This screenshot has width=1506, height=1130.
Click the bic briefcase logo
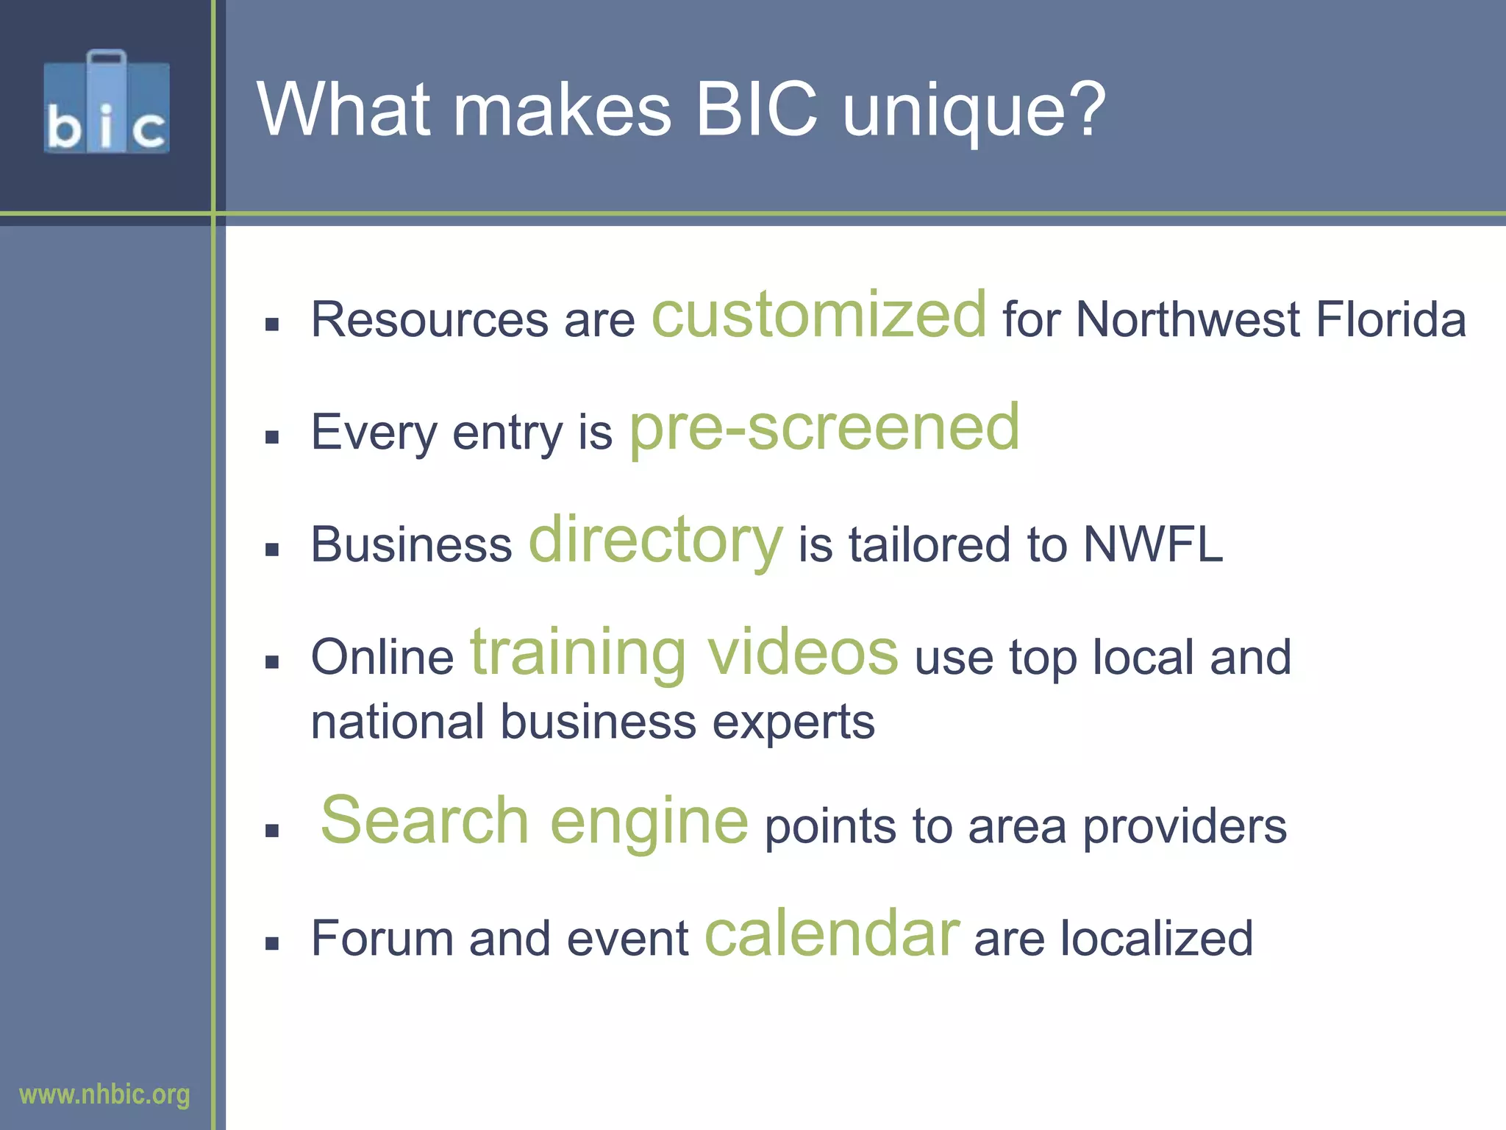point(107,103)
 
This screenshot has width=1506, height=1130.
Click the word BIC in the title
point(756,110)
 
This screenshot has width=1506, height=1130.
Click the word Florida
point(1391,320)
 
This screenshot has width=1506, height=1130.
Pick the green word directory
point(656,541)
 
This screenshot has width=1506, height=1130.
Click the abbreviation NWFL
point(1153,544)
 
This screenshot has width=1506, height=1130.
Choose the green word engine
point(649,822)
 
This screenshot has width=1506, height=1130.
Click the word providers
point(1185,827)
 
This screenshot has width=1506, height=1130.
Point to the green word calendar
point(832,934)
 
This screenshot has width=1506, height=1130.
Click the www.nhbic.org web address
point(104,1095)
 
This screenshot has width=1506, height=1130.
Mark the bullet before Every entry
point(272,438)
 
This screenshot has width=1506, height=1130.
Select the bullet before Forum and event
point(272,944)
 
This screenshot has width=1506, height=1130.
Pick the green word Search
point(425,821)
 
